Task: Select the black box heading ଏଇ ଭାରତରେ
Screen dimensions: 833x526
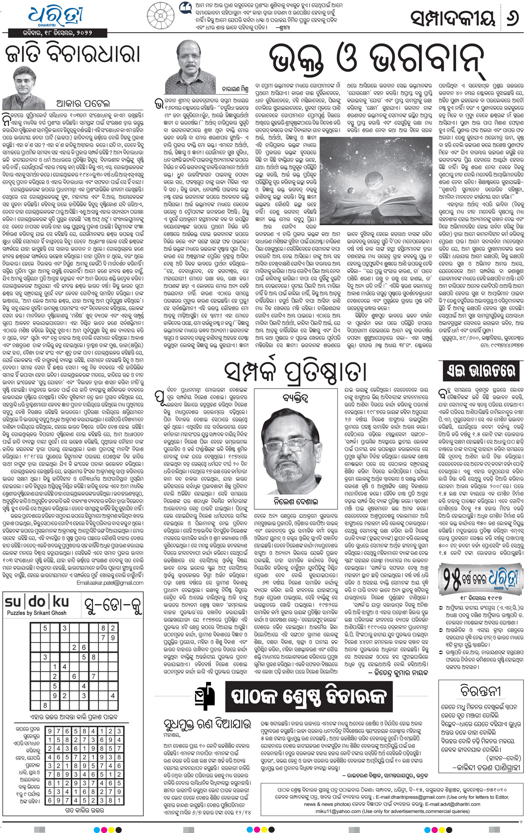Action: pos(480,372)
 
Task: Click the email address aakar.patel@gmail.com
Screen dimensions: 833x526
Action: pos(110,583)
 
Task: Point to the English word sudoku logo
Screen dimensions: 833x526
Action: pos(37,602)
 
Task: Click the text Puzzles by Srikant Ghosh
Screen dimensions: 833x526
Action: pos(37,613)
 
